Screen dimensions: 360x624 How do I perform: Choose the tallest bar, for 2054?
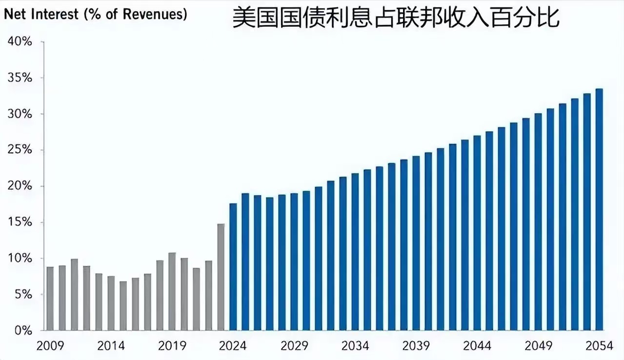599,209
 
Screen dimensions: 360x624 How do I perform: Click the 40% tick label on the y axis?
20,42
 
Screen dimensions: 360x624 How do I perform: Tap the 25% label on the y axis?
20,150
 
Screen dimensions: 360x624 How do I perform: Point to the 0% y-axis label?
23,331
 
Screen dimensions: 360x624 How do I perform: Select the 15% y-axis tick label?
20,222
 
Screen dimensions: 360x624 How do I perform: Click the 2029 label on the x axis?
294,346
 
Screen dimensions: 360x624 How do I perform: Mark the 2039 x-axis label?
416,346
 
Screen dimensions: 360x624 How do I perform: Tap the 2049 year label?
538,346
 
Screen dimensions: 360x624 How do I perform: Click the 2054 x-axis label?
599,346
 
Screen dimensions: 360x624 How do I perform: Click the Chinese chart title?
395,18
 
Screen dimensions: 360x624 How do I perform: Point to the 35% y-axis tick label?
20,78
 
